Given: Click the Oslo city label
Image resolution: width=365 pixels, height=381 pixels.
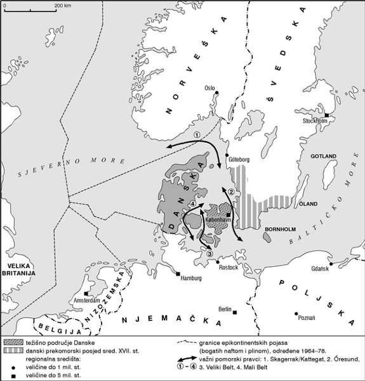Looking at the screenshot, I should (209, 90).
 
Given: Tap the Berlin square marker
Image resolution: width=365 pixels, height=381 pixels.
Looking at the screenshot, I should (235, 312).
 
